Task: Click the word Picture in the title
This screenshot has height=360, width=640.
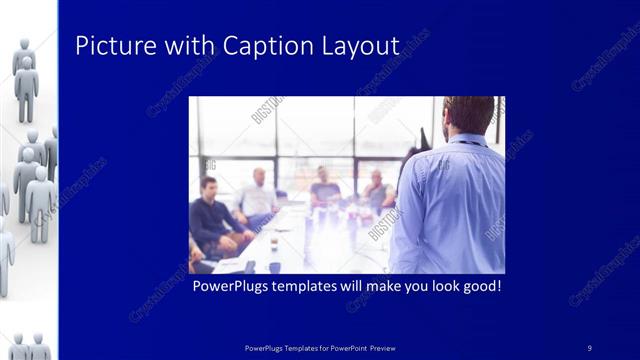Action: tap(111, 46)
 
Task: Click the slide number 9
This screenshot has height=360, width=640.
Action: tap(590, 347)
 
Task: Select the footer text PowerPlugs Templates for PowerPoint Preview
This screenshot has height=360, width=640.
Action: tap(320, 347)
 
